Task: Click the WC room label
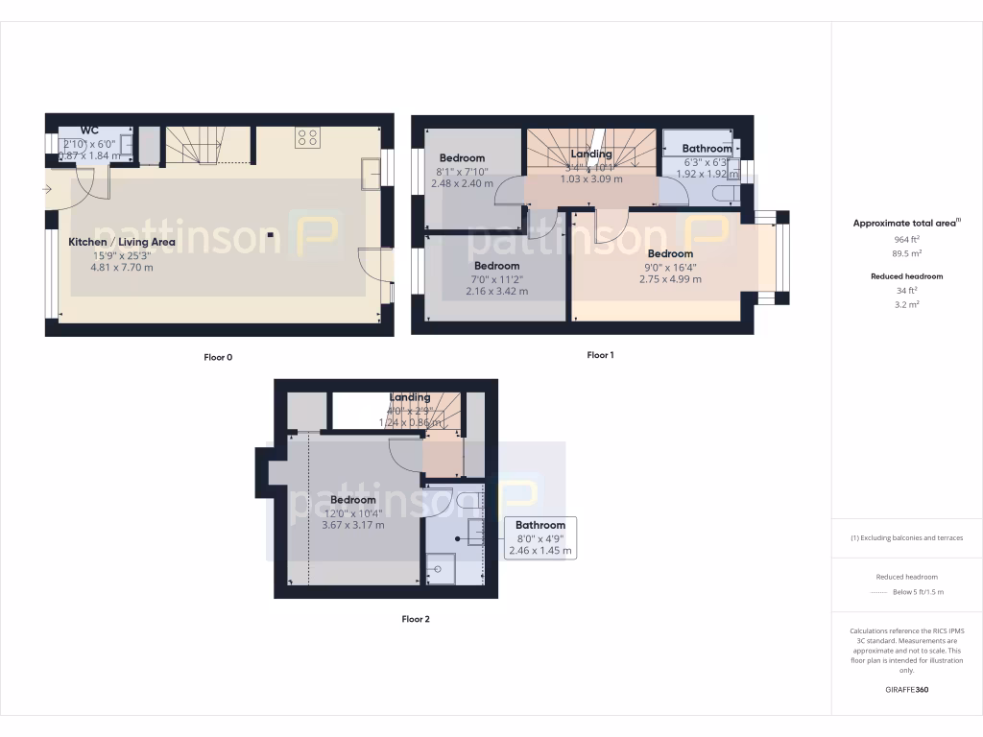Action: coord(89,130)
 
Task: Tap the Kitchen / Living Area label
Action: coord(122,242)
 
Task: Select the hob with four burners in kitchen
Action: coord(307,136)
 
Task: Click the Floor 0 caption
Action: coord(218,357)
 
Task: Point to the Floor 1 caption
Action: coord(600,355)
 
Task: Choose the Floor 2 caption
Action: coord(416,619)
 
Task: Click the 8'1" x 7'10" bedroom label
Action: coord(462,157)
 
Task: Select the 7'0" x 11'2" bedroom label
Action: coord(496,266)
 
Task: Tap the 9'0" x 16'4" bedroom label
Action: coord(670,254)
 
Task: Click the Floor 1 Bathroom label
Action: coord(707,149)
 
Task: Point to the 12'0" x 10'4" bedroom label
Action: coord(353,500)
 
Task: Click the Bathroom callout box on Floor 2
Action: coord(540,537)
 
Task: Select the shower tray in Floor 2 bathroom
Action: coord(443,570)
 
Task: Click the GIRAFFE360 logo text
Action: coord(906,690)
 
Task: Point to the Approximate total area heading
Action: coord(906,223)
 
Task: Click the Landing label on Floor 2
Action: coord(410,397)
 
